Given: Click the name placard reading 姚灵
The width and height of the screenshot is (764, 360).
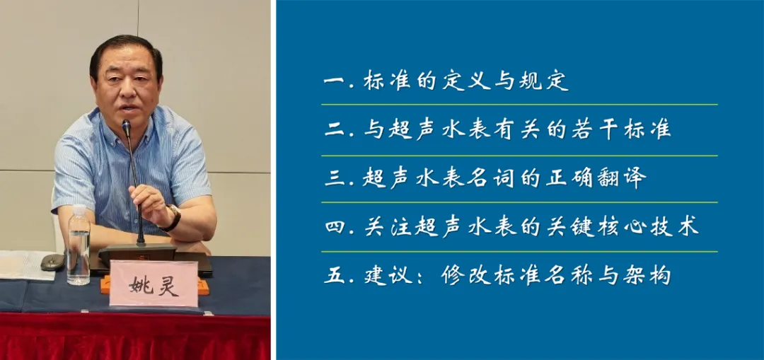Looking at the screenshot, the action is (x=154, y=284).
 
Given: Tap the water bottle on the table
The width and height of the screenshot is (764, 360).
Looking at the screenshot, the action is (x=79, y=245).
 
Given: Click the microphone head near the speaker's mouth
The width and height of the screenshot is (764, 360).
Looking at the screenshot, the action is (x=126, y=128).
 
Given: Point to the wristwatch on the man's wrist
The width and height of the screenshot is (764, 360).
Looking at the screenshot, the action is (x=172, y=219).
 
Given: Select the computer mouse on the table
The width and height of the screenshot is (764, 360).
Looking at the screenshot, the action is (x=52, y=262).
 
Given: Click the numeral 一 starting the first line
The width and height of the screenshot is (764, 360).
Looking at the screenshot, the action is (x=334, y=81).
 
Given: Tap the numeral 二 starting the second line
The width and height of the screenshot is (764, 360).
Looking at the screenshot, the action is (x=335, y=129).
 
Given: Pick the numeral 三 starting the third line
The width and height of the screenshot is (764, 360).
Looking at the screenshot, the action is (x=335, y=179).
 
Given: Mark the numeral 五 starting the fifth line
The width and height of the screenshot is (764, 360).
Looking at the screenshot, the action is (x=335, y=276).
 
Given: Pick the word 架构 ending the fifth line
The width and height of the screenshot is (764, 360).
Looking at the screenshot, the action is (x=647, y=276).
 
